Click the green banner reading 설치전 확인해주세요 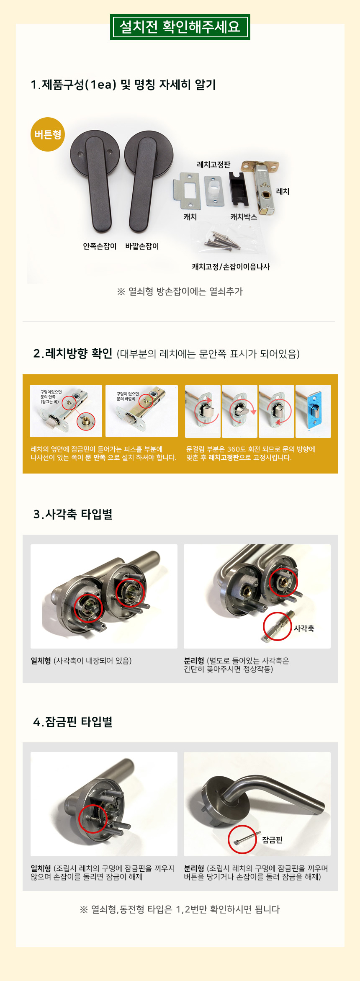[x=180, y=27]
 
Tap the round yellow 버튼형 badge [x=48, y=134]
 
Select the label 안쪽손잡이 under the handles [x=100, y=246]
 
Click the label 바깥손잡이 [x=142, y=246]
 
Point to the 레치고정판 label [x=213, y=165]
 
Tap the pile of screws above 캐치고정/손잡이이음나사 [x=220, y=240]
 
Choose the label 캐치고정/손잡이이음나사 [x=231, y=267]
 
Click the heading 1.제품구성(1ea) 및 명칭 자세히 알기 [x=123, y=85]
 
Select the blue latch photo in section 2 [x=313, y=411]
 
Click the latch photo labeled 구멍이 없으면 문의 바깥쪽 [x=141, y=411]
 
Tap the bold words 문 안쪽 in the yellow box [x=95, y=458]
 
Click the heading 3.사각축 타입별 [x=73, y=514]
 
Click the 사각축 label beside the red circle [x=304, y=628]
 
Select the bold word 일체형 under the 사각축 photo [x=41, y=661]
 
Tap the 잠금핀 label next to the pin [x=273, y=840]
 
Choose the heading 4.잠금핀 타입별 [x=73, y=722]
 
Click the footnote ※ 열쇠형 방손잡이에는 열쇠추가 [x=180, y=291]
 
